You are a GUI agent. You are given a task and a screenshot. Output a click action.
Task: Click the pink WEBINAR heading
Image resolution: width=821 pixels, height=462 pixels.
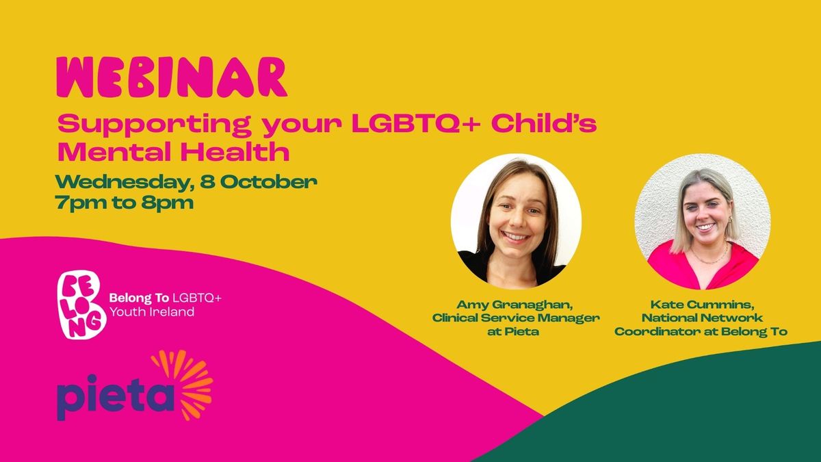pos(172,77)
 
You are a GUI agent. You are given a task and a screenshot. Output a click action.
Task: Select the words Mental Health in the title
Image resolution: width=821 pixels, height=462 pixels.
pos(173,152)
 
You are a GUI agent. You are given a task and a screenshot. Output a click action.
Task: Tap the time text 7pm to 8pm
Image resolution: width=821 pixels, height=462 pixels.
pos(125,203)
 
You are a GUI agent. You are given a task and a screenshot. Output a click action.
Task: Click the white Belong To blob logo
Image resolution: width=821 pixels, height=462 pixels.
pos(81,304)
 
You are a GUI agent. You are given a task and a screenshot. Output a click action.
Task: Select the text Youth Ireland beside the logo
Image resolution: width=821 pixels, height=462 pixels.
pos(152,312)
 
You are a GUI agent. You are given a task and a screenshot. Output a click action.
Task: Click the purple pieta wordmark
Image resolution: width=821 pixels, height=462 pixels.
pos(116,397)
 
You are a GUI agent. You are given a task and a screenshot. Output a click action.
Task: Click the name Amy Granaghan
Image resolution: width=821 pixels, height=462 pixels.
pos(514,305)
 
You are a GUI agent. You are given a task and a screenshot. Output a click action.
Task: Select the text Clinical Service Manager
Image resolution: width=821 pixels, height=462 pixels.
pos(516,318)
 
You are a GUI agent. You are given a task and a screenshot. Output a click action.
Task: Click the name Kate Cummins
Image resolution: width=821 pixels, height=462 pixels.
pos(702,305)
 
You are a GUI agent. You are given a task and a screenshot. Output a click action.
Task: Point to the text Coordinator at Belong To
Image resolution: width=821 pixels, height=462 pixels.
pos(701,331)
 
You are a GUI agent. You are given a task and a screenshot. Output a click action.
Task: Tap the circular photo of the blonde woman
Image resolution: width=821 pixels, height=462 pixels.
pos(702,222)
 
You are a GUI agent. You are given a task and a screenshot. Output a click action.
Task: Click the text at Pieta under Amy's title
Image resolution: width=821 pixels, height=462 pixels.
pos(513,331)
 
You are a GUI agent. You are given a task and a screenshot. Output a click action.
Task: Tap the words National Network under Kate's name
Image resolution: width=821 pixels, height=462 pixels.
pos(702,318)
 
